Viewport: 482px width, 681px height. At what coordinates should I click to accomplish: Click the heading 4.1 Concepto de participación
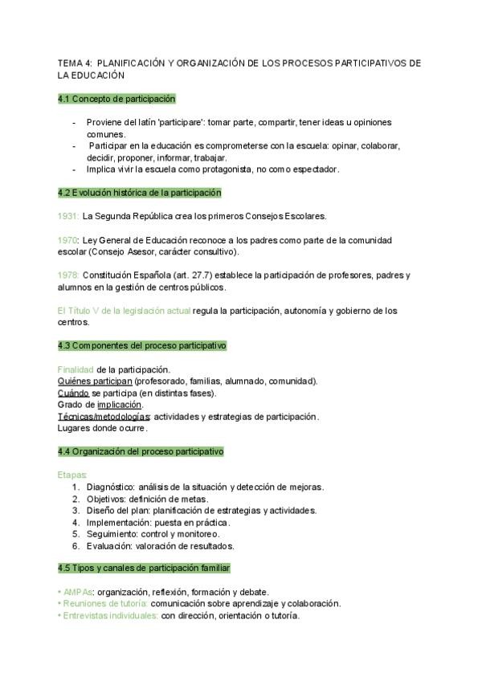tap(116, 99)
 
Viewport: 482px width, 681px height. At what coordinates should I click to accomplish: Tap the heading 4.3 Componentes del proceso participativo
tap(142, 345)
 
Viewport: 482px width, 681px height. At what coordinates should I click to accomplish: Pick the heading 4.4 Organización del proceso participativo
tap(141, 451)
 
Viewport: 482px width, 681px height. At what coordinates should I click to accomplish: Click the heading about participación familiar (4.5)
tap(145, 568)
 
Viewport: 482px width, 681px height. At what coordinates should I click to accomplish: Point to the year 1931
tap(68, 216)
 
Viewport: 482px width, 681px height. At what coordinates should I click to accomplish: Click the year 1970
tap(68, 240)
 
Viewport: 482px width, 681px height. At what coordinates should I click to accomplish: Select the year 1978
tap(68, 275)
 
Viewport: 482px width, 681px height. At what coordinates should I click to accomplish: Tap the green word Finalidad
tap(76, 369)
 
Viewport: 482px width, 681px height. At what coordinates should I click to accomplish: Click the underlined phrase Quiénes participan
tap(95, 381)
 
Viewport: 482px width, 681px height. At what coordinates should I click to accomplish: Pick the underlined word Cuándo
tap(73, 393)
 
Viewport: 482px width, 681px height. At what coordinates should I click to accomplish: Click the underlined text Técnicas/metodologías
tap(104, 417)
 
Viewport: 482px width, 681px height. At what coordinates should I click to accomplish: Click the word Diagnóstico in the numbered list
tap(109, 487)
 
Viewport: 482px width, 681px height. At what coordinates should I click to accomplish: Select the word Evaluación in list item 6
tap(110, 545)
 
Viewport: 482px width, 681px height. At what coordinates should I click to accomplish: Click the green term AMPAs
tap(76, 592)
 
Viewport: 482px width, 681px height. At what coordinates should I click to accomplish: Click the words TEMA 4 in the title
tap(74, 63)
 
